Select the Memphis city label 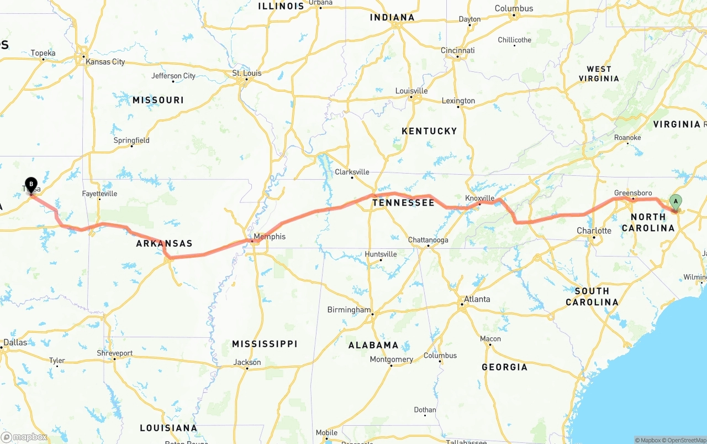[x=270, y=237]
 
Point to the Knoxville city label [x=479, y=198]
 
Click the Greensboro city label [x=633, y=193]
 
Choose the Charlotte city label [x=594, y=231]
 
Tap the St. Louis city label [x=246, y=73]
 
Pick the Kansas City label [x=105, y=62]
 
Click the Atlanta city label [x=477, y=299]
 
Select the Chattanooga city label [x=428, y=240]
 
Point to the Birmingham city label [x=349, y=310]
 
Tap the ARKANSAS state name [x=164, y=243]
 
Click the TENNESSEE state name [x=403, y=203]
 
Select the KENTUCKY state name [x=429, y=131]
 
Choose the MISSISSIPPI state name [x=265, y=344]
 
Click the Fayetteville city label [x=99, y=194]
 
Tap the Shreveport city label [x=115, y=353]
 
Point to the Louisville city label [x=411, y=91]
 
